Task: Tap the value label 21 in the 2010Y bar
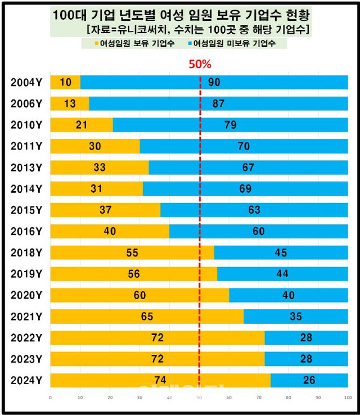tap(82, 125)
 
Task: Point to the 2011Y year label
tap(26, 146)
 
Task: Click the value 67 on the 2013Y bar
tap(248, 168)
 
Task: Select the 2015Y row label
tap(26, 210)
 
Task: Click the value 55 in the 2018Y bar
tap(132, 252)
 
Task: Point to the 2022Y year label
tap(26, 338)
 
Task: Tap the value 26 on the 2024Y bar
tap(309, 380)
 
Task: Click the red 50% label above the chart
tap(199, 64)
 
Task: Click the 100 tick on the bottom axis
tap(347, 398)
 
